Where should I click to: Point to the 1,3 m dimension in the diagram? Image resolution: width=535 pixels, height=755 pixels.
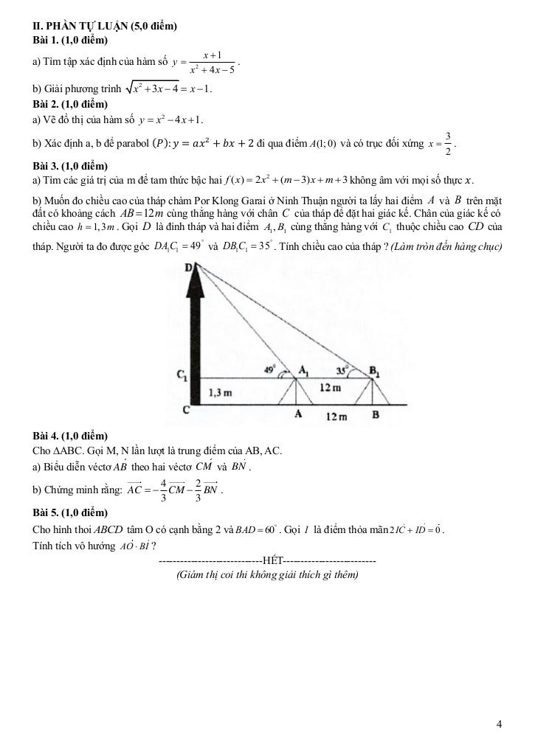[x=221, y=393]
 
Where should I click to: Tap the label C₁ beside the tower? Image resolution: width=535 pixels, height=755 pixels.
[x=181, y=376]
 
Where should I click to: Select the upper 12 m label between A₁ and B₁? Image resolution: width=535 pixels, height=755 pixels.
[x=330, y=388]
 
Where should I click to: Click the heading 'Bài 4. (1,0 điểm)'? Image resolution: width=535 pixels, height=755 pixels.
[x=71, y=436]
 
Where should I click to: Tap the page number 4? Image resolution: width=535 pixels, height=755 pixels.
[x=500, y=724]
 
